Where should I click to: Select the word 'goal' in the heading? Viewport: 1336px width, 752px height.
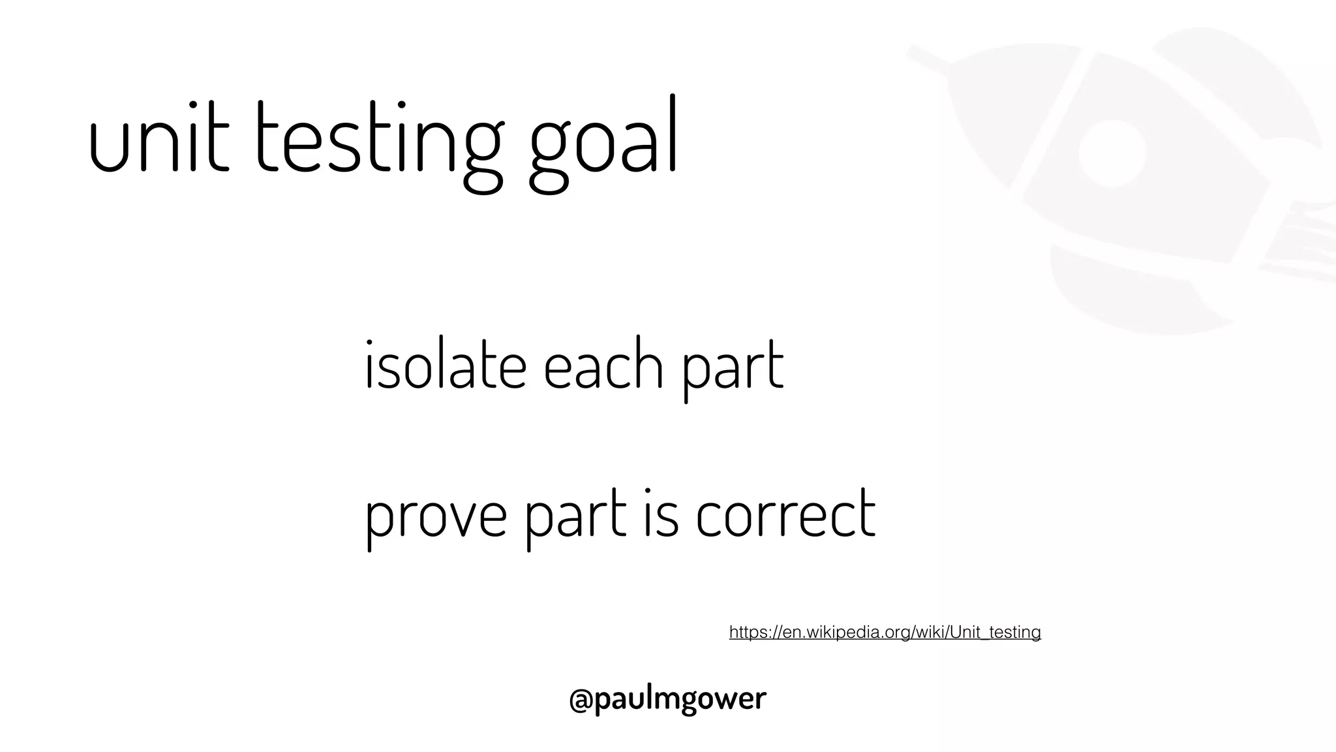click(603, 144)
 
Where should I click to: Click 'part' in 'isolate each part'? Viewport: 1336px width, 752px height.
click(732, 369)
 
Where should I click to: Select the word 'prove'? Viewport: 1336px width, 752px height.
click(436, 516)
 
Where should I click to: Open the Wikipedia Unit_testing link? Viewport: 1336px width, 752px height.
click(885, 632)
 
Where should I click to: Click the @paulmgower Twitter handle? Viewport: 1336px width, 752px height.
click(667, 698)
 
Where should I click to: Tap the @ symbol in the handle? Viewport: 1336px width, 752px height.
click(581, 699)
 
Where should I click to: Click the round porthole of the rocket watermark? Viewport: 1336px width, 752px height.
click(1112, 151)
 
